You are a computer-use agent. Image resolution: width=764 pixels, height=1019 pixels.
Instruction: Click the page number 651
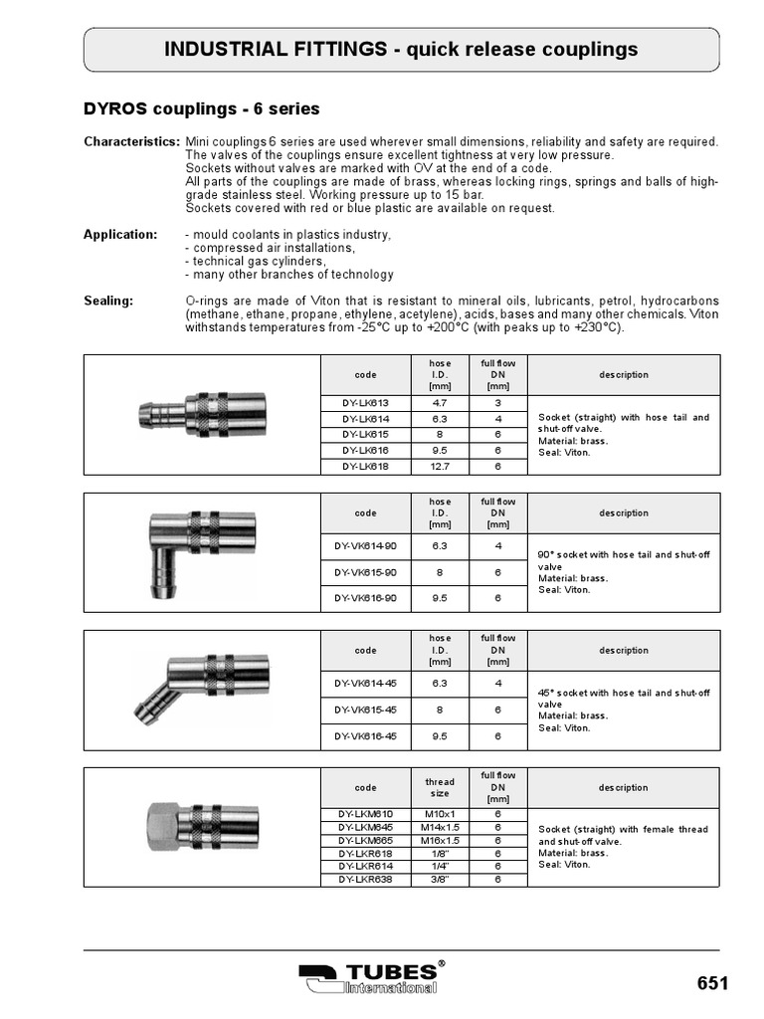(x=712, y=983)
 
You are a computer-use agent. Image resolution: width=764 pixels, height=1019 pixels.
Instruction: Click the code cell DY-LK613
(x=365, y=404)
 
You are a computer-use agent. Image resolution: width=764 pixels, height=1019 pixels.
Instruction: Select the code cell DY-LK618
(x=365, y=466)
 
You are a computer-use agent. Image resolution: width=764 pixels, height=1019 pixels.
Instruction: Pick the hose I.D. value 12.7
(x=439, y=466)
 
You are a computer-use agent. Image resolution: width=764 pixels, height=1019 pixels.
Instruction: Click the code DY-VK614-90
(x=365, y=546)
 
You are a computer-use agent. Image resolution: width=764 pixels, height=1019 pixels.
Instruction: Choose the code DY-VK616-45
(x=365, y=736)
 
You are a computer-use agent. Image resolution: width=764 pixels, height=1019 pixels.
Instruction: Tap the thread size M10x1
(x=439, y=814)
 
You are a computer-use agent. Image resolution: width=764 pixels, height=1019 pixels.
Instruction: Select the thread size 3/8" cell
(x=439, y=879)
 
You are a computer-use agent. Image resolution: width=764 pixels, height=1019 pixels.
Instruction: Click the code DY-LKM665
(x=365, y=840)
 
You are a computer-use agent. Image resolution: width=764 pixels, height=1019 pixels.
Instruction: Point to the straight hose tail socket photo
(x=202, y=410)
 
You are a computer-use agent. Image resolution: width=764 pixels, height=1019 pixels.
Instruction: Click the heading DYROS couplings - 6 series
(x=200, y=108)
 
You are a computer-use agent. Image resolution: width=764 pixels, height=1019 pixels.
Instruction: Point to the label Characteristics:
(x=131, y=143)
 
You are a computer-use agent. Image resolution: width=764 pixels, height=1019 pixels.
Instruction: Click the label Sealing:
(x=107, y=301)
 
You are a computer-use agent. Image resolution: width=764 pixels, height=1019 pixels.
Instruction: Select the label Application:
(x=119, y=235)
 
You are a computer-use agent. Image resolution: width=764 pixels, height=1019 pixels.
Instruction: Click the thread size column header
(x=439, y=788)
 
